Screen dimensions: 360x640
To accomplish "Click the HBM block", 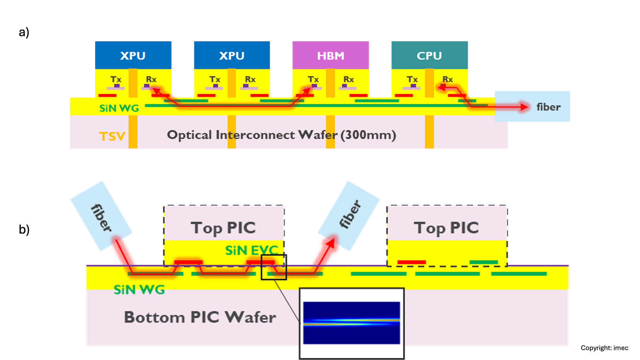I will (331, 55).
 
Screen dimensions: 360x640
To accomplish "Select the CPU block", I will (429, 55).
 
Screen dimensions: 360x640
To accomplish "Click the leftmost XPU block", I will (133, 55).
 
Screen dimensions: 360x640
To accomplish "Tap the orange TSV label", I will (112, 136).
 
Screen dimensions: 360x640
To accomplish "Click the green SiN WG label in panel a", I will (119, 108).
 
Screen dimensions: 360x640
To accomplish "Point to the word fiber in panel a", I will (548, 107).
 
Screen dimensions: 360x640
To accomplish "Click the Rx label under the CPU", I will (448, 79).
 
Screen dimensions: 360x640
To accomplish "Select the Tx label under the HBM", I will (313, 79).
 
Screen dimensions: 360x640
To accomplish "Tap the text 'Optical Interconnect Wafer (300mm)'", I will (282, 135).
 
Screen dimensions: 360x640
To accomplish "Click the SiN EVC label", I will (252, 250).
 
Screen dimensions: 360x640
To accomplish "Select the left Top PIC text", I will (223, 228).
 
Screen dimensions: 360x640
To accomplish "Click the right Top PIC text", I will (446, 228).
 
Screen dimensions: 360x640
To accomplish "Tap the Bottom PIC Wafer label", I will (200, 317).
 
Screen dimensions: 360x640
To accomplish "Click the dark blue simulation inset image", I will (351, 323).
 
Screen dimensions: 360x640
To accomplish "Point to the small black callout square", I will (274, 267).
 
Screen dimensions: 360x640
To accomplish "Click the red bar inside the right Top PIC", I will (412, 262).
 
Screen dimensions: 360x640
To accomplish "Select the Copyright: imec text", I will (604, 348).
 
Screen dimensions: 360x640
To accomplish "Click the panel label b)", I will (24, 229).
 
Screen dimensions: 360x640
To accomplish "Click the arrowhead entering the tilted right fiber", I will (331, 243).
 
